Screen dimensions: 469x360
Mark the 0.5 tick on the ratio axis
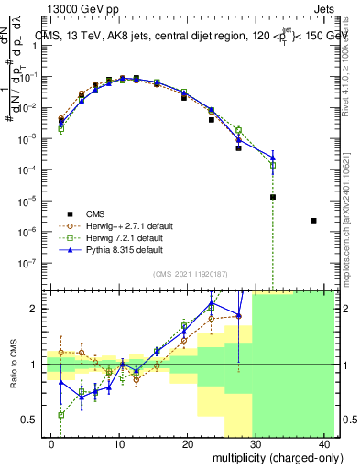click(x=29, y=420)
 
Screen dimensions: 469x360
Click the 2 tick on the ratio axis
click(x=34, y=309)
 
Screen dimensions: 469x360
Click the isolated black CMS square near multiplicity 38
click(x=313, y=221)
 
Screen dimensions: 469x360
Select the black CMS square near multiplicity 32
click(x=273, y=197)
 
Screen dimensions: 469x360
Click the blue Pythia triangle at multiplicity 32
click(x=273, y=158)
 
